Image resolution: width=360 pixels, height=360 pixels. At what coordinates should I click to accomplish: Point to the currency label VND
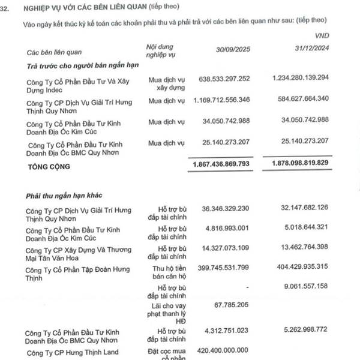pyautogui.click(x=322, y=36)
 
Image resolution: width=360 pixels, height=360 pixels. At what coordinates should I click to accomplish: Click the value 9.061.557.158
pyautogui.click(x=302, y=286)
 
